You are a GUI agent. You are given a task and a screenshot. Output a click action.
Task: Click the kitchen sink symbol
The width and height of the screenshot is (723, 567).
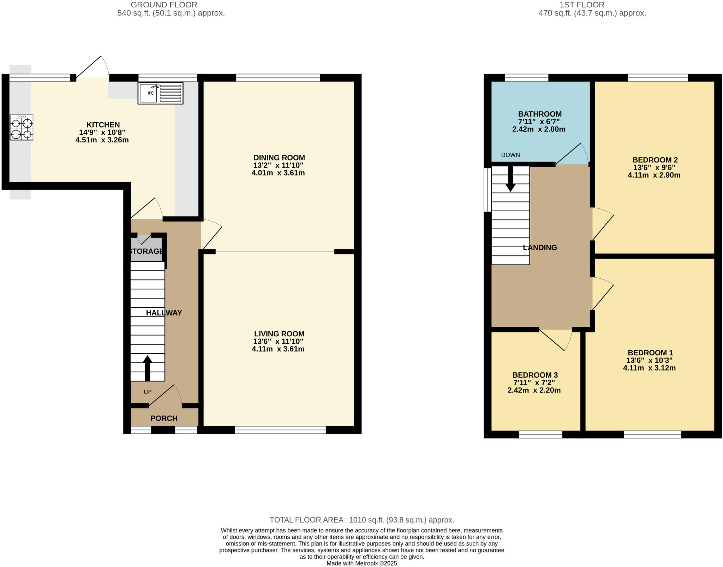(x=160, y=93)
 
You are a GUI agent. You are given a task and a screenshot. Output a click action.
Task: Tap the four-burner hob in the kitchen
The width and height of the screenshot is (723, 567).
(x=22, y=128)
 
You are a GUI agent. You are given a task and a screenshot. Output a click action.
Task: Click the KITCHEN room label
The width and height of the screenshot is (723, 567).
(x=103, y=125)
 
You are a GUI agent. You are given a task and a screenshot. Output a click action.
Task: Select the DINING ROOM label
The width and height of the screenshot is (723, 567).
(x=279, y=158)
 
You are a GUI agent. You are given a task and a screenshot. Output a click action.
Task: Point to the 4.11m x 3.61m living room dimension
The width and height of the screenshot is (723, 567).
(x=278, y=349)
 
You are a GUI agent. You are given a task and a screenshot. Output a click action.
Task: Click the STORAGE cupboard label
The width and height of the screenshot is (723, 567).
(x=146, y=251)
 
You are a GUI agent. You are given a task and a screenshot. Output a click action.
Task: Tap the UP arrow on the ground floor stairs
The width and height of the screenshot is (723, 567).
(x=148, y=368)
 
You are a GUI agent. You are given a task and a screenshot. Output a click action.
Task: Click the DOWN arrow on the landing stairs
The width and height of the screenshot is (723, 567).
(x=510, y=179)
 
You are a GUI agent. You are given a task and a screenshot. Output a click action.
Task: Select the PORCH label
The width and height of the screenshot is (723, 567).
(x=164, y=418)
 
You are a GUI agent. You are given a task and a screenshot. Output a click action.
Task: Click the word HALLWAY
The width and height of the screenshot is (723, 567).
(x=164, y=313)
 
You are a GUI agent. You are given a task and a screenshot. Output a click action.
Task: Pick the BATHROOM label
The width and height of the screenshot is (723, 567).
(x=539, y=114)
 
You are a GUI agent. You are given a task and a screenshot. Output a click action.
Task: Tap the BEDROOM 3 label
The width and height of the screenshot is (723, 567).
(x=535, y=375)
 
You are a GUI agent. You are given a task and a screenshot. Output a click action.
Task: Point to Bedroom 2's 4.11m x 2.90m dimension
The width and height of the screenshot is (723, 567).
(x=654, y=175)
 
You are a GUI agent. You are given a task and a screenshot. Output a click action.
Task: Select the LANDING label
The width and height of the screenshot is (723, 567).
(x=540, y=248)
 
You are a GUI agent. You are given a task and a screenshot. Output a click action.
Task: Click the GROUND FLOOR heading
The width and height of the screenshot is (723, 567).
(x=164, y=5)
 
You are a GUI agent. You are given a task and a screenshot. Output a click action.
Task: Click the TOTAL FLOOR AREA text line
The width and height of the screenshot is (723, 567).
(x=361, y=520)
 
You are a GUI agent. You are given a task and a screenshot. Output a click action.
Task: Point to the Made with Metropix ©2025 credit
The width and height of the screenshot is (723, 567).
(x=361, y=563)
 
